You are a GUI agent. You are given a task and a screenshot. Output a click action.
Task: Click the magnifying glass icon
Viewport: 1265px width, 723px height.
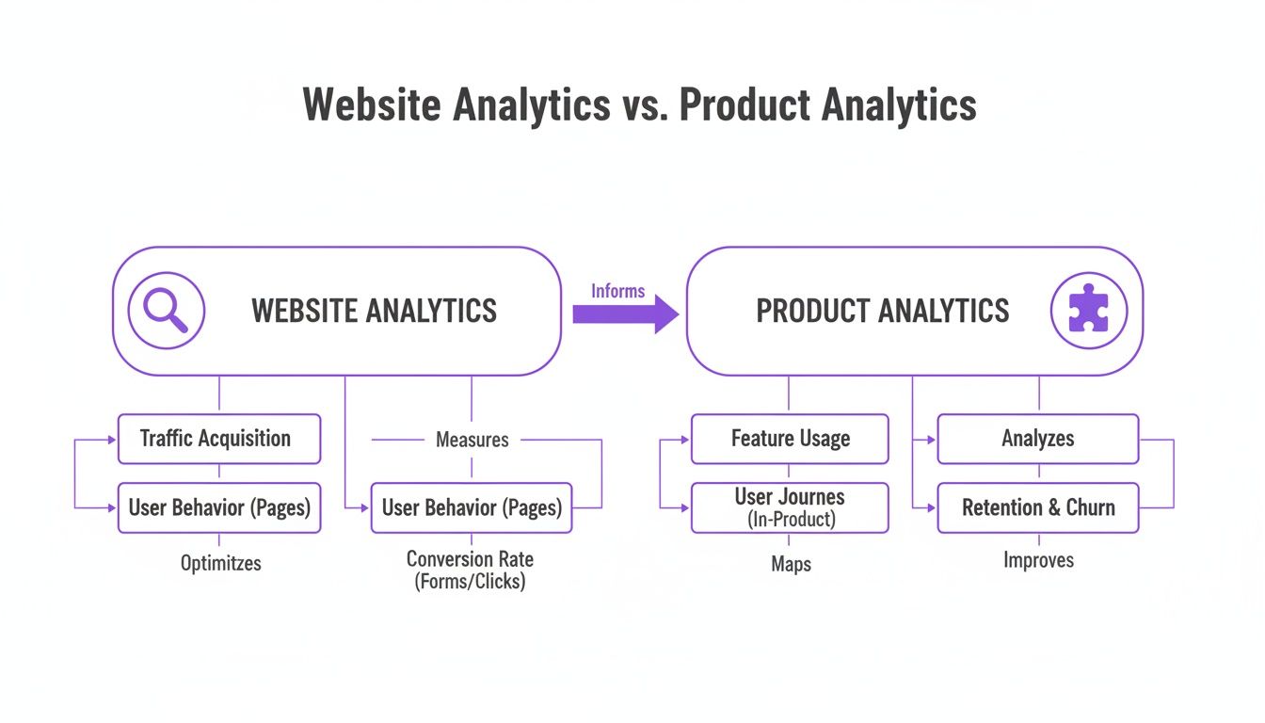click(166, 311)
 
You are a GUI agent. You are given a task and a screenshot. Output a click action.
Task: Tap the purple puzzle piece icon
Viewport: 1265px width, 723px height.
click(1088, 311)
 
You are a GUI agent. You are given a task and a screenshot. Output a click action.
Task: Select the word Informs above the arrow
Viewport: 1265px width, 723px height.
click(618, 291)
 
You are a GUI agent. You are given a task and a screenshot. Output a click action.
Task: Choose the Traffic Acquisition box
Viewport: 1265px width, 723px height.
click(218, 439)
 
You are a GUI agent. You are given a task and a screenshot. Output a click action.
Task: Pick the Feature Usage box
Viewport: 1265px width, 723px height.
click(790, 439)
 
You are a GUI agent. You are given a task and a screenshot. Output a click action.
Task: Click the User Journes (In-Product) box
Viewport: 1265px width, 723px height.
click(790, 507)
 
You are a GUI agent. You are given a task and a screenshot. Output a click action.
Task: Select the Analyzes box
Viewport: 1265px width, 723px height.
click(1037, 439)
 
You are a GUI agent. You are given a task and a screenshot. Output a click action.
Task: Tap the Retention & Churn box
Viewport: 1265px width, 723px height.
click(1037, 507)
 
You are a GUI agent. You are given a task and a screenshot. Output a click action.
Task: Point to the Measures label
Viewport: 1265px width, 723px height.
click(472, 440)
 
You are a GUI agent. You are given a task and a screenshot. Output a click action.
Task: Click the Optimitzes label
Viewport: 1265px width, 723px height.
click(220, 563)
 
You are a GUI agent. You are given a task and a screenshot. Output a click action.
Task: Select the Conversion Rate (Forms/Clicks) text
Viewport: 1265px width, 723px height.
click(470, 570)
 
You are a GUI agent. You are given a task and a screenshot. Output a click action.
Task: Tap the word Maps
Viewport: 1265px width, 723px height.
click(791, 565)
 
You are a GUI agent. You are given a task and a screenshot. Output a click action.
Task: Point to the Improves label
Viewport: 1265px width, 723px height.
click(1037, 561)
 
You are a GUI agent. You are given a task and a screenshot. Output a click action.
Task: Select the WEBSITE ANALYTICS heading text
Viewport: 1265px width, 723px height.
click(374, 311)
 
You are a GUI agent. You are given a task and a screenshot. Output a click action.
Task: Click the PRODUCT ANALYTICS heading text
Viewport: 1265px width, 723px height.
click(882, 311)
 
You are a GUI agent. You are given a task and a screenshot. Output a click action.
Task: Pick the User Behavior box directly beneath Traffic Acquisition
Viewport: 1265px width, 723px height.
click(218, 507)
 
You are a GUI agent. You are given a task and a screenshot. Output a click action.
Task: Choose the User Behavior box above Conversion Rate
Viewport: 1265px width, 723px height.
click(471, 507)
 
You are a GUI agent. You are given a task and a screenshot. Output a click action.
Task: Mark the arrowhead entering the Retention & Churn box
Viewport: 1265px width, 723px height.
click(931, 507)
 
